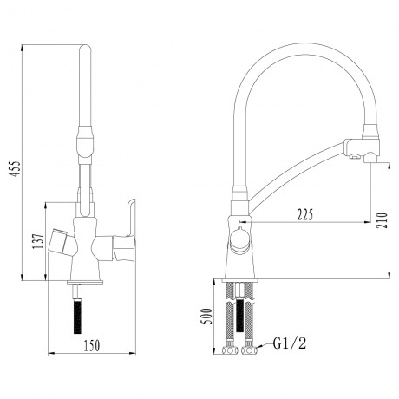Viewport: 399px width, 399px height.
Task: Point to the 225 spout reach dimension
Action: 304,213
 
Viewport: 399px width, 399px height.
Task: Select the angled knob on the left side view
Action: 60,239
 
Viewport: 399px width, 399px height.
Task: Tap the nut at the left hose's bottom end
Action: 231,351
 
